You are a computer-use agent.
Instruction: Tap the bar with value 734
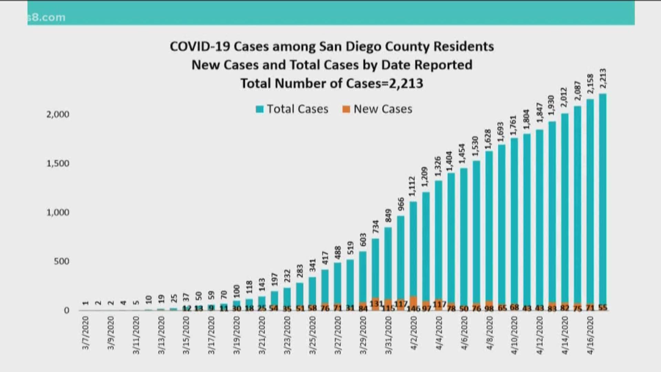(375, 269)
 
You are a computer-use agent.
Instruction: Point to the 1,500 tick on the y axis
(58, 163)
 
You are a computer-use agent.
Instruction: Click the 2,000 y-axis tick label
(58, 114)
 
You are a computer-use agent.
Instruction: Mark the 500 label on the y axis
(61, 261)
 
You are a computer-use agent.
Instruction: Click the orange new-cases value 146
(413, 308)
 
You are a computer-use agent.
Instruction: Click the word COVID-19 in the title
(200, 46)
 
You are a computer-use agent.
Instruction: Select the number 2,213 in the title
(406, 84)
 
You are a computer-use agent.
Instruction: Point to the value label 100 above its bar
(237, 291)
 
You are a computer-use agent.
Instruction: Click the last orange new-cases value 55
(603, 308)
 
